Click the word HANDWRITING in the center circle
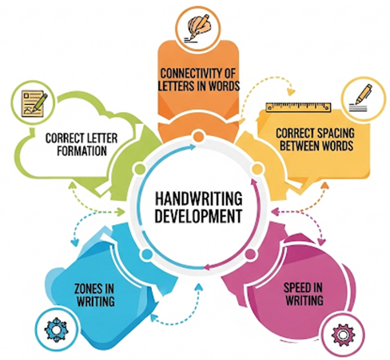(x=198, y=198)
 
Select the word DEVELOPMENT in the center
(x=198, y=216)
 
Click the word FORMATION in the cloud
(x=82, y=150)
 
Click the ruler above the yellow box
(x=298, y=107)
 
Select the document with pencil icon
(x=34, y=103)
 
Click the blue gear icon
(x=57, y=330)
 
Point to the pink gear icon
(x=343, y=334)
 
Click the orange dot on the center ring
(x=198, y=136)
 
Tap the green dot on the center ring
(x=140, y=170)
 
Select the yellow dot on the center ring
(x=257, y=170)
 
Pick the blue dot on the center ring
(x=146, y=254)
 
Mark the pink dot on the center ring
(x=250, y=254)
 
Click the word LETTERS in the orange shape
(x=176, y=86)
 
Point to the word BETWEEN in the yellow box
(x=298, y=146)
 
